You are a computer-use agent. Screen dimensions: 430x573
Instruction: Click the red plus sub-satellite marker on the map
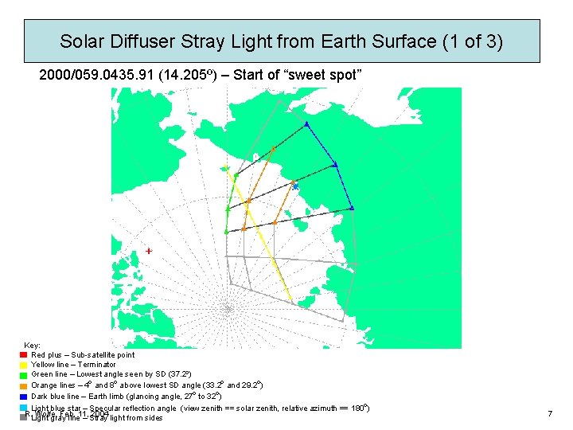[149, 250]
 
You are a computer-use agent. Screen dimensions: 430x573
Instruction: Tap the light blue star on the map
[294, 185]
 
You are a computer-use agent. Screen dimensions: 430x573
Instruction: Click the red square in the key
[24, 354]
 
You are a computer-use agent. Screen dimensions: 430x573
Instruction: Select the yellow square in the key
[24, 365]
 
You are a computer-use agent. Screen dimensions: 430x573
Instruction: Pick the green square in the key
[24, 375]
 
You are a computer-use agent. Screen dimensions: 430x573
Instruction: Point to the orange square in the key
[24, 385]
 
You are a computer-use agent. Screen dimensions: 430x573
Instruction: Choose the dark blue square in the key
[24, 396]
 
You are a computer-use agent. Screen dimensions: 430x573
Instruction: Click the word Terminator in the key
[98, 365]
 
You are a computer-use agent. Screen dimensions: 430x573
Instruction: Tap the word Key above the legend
[33, 345]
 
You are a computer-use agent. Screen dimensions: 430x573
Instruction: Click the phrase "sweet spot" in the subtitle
[329, 75]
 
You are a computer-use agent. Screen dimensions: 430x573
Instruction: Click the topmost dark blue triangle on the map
[306, 123]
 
